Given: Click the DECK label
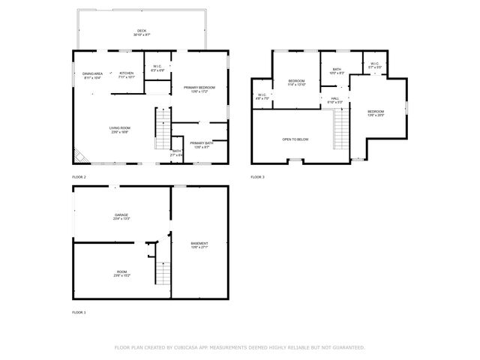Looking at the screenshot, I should coord(142,31).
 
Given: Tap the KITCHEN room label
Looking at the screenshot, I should coord(127,73).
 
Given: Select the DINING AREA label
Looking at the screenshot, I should coord(91,73).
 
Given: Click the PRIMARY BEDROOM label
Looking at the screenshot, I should coord(199,88).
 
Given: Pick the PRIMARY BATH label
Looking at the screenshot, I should coord(202,142).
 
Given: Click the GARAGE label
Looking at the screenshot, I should coord(121,215).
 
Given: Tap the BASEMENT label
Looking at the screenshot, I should coord(199,243).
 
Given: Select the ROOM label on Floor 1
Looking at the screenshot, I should coord(121,272).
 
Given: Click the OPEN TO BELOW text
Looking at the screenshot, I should coord(295,140).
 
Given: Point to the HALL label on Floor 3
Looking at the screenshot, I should coord(334,98).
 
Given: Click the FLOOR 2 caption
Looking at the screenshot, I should coord(79,177).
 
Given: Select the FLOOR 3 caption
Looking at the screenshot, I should coord(257,177).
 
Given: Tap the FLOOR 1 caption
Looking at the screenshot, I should coord(79,312).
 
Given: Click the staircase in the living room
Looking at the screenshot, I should coord(163,128).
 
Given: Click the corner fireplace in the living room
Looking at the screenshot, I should coord(79,156).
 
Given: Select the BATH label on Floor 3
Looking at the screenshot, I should coord(337,70).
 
